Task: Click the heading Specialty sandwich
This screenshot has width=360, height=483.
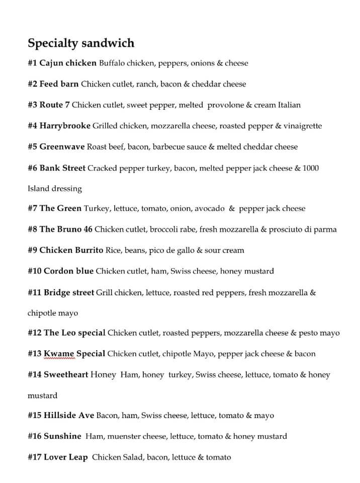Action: (x=81, y=43)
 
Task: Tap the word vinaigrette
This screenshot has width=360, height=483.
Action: (x=300, y=126)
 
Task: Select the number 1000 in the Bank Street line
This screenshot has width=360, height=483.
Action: (x=310, y=168)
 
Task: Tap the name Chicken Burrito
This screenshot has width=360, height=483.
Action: (x=71, y=250)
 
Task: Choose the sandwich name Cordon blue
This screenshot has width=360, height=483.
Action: (x=68, y=271)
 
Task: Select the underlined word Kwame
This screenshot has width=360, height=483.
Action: (x=58, y=354)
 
